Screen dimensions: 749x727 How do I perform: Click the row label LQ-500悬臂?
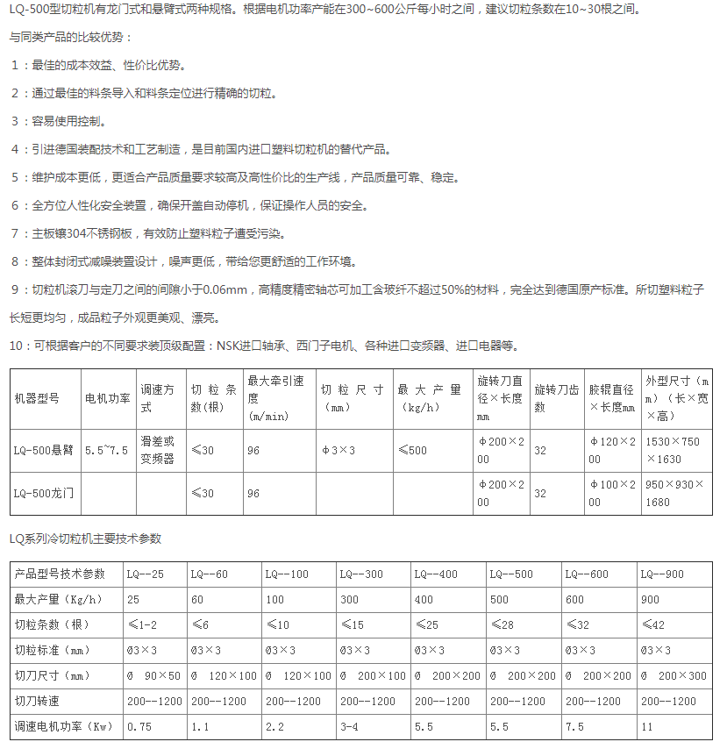pyautogui.click(x=44, y=450)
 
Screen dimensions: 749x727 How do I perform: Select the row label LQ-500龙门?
pyautogui.click(x=44, y=493)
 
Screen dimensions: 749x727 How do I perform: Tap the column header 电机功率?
pyautogui.click(x=108, y=397)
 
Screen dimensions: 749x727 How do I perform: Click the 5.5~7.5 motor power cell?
pyautogui.click(x=107, y=450)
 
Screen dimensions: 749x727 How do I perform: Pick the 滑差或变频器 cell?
pyautogui.click(x=158, y=450)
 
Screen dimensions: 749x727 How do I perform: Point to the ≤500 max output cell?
pyautogui.click(x=412, y=450)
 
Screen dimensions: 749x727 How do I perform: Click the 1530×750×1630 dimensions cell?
pyautogui.click(x=673, y=450)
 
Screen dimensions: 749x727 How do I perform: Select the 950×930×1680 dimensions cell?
pyautogui.click(x=673, y=493)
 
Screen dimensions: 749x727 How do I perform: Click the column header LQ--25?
pyautogui.click(x=146, y=574)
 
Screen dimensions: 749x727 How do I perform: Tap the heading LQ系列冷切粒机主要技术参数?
pyautogui.click(x=85, y=539)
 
